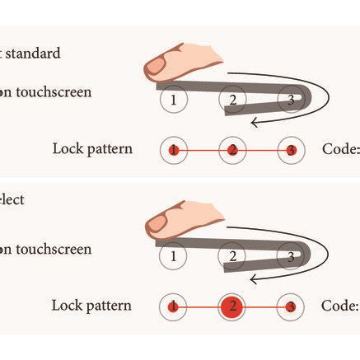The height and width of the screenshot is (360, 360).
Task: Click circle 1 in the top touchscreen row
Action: pos(173,101)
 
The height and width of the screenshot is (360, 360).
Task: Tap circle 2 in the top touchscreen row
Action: pos(232,101)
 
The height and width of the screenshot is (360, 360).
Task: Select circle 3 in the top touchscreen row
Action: pos(290,101)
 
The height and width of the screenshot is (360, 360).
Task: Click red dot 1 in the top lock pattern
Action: pos(173,151)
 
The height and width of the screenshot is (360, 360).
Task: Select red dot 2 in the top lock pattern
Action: pos(232,151)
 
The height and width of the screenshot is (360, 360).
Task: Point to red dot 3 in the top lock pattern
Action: pos(290,151)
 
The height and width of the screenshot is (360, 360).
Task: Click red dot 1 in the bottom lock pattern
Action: pos(173,306)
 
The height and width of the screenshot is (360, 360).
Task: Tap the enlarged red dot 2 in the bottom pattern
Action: pos(232,306)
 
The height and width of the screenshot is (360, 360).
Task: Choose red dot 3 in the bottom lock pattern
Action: pos(290,306)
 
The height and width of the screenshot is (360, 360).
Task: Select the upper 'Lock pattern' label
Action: pos(91,150)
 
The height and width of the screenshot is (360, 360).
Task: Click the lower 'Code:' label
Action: pos(340,306)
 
